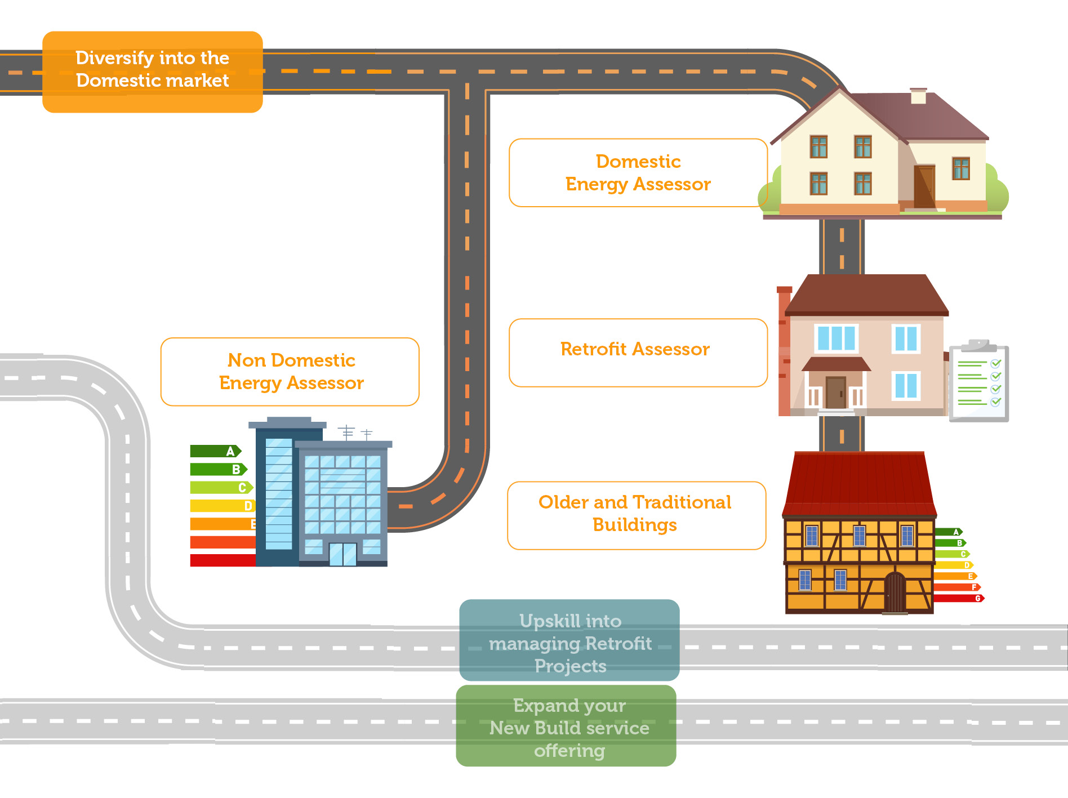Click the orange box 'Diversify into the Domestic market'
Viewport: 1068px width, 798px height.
[152, 72]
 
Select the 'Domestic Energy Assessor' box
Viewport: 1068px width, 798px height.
[638, 173]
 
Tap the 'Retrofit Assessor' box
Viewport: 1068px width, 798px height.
[638, 353]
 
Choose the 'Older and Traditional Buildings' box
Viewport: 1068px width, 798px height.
[636, 515]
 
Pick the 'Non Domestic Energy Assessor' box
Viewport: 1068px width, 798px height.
[290, 372]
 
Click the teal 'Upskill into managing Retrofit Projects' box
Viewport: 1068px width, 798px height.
[569, 640]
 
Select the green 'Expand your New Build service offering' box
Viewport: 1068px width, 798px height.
[566, 726]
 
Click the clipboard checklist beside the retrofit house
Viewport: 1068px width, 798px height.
[978, 384]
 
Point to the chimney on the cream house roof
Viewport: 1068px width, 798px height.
[918, 96]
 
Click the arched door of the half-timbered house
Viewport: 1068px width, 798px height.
[894, 592]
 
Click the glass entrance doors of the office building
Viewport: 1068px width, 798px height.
[342, 554]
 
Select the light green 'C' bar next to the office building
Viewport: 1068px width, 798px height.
[220, 488]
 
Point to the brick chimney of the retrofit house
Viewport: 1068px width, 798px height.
[784, 352]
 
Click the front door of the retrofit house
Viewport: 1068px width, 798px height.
[836, 392]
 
